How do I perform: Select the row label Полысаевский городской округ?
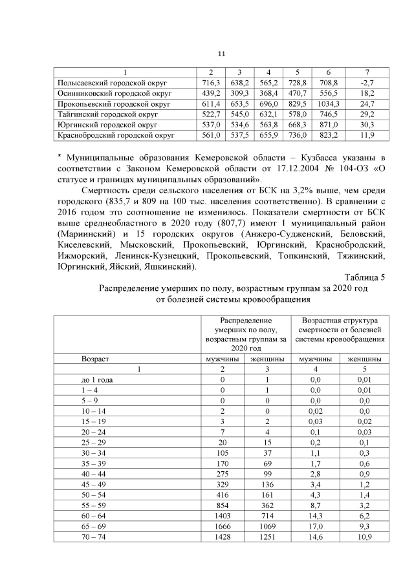(x=113, y=83)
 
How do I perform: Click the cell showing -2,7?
(x=367, y=83)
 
